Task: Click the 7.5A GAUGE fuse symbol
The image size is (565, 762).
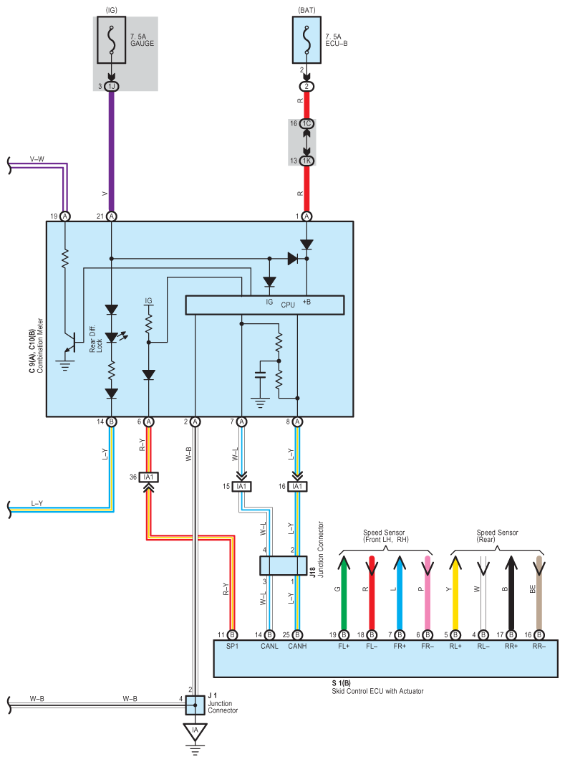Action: coord(112,40)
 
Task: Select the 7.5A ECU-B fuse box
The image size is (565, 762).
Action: coord(306,40)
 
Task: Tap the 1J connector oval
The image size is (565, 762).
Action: coord(112,87)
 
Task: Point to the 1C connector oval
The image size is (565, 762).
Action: coord(306,124)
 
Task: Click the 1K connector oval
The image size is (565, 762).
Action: coord(306,161)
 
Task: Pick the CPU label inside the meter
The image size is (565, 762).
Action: coord(288,305)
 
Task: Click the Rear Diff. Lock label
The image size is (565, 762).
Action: coord(96,339)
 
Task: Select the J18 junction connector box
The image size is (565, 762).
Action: coord(284,566)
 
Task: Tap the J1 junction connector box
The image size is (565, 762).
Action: coord(195,705)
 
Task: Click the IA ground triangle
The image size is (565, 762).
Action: coord(195,732)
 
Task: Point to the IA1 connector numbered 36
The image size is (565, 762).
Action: coord(148,477)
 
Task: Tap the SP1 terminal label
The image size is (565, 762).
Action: coord(233,647)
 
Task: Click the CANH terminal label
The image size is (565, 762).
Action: coord(297,647)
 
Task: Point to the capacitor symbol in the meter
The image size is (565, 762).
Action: coord(261,375)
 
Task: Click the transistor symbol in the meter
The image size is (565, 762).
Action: coord(70,343)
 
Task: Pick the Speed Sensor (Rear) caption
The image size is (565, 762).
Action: coord(497,536)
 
